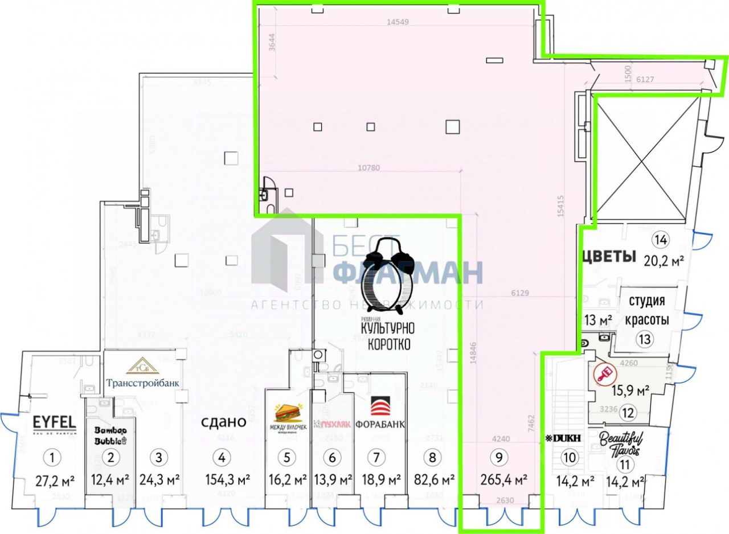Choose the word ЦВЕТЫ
point(608,257)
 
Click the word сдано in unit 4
point(223,422)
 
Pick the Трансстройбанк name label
point(144,383)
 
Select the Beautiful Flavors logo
point(621,443)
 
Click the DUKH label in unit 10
point(563,439)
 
